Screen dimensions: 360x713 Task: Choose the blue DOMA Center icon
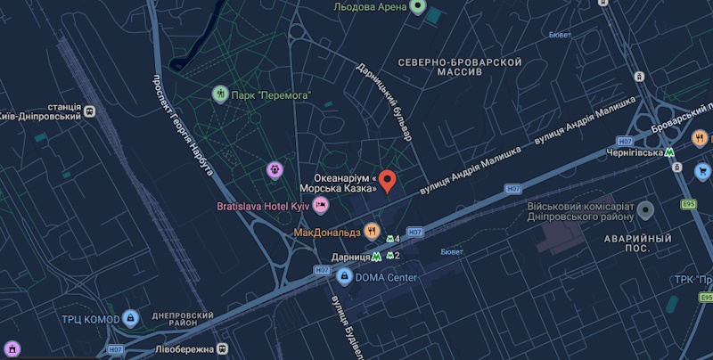(x=343, y=277)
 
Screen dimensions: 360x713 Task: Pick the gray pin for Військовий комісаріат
(x=645, y=209)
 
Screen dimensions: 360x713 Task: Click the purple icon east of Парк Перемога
(x=275, y=168)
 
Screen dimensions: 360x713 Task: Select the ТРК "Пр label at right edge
(x=693, y=278)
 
